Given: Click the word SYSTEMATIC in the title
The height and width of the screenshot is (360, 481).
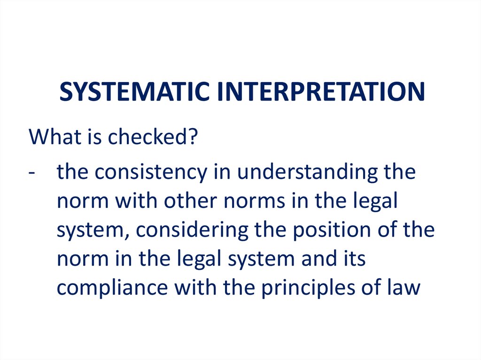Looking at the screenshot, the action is (x=134, y=92).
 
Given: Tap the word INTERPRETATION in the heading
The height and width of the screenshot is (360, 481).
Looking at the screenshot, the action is (x=321, y=92).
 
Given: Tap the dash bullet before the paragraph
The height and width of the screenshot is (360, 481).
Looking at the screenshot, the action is (x=31, y=173).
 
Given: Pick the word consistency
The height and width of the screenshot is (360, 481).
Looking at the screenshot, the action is (x=151, y=172).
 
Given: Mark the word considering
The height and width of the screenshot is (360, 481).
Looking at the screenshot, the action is (x=192, y=230).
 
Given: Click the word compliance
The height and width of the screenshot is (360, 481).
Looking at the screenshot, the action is (x=112, y=288).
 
